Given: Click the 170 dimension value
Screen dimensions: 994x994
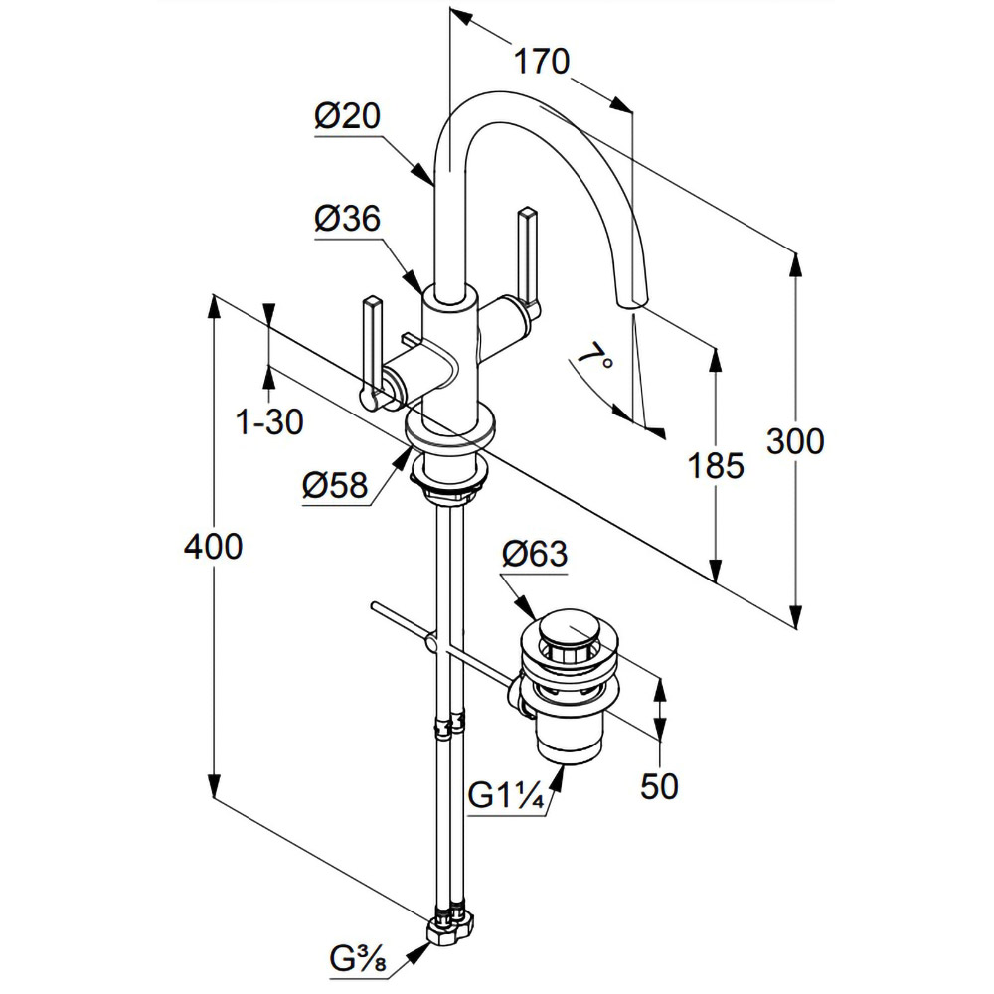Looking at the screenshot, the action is pos(542,62).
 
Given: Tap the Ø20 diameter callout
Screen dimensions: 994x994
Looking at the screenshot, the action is pos(347,116).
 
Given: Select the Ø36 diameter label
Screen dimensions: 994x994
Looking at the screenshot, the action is pos(347,219).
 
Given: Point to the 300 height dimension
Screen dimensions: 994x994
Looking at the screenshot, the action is pos(795,441).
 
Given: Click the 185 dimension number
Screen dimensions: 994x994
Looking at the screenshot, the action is pos(716,466).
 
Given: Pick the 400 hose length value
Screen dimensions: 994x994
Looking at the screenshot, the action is pos(213,546).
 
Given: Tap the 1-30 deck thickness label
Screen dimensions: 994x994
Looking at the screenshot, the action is pos(269,421).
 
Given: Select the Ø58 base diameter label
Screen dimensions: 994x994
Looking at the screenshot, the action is pos(335,486).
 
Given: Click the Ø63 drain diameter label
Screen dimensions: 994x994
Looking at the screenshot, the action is pos(535,554).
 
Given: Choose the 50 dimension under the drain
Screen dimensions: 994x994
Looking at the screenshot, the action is pos(659,786).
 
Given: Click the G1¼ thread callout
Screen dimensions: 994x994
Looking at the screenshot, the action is pos(506,797).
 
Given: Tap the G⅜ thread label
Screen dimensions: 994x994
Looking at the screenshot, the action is pos(358,959).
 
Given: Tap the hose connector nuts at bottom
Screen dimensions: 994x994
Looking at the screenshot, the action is pos(451,920).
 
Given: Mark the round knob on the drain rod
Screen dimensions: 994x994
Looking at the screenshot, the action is pos(431,643).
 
